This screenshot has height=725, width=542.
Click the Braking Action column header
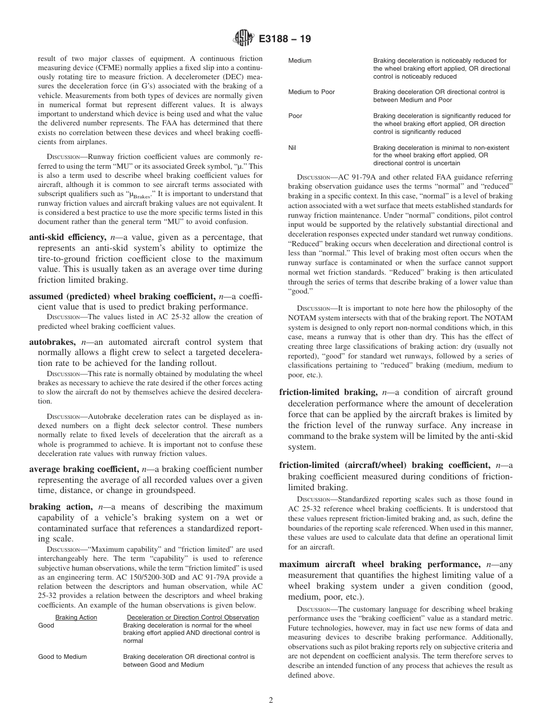[76, 617]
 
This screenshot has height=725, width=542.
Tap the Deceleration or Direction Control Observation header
[192, 617]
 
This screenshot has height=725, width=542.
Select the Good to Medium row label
[63, 657]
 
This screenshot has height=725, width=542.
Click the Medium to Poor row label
[312, 92]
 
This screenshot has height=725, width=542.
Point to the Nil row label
[293, 148]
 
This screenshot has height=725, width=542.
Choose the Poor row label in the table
[296, 116]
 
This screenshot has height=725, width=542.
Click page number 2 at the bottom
[271, 700]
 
